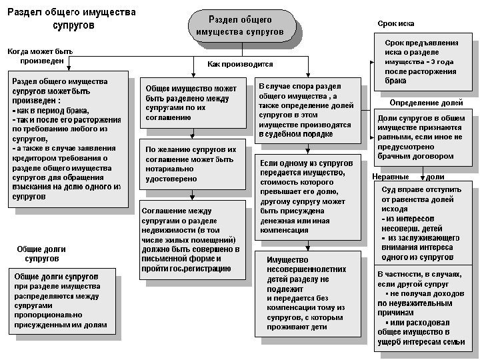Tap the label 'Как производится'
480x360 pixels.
pyautogui.click(x=240, y=64)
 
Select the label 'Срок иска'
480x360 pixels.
pyautogui.click(x=396, y=23)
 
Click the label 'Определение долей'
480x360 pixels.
pyautogui.click(x=426, y=103)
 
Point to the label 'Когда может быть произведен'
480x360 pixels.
pyautogui.click(x=39, y=56)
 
